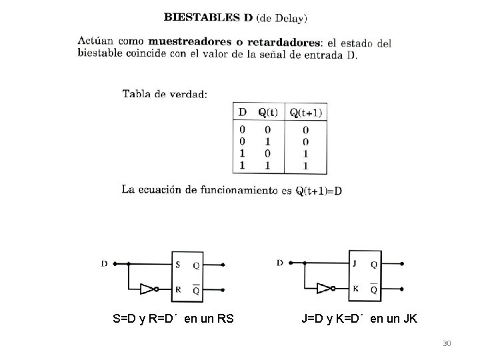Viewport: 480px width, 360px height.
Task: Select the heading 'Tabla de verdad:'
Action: pyautogui.click(x=165, y=94)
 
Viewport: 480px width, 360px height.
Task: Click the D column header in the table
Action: pyautogui.click(x=242, y=112)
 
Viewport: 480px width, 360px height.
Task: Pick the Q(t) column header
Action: pyautogui.click(x=268, y=112)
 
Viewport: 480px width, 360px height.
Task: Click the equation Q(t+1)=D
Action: pyautogui.click(x=319, y=191)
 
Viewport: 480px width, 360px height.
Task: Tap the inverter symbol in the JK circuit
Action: pyautogui.click(x=325, y=289)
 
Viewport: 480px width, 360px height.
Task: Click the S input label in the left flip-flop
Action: pyautogui.click(x=177, y=265)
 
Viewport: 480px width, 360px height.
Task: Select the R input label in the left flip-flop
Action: pyautogui.click(x=177, y=290)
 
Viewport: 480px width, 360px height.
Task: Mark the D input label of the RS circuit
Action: pyautogui.click(x=104, y=263)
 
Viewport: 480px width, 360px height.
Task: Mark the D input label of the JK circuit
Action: pyautogui.click(x=280, y=263)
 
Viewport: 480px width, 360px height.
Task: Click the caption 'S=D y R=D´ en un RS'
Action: pyautogui.click(x=173, y=319)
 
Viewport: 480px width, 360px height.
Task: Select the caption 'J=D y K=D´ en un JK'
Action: pyautogui.click(x=359, y=319)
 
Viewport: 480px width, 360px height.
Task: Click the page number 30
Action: pyautogui.click(x=447, y=343)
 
